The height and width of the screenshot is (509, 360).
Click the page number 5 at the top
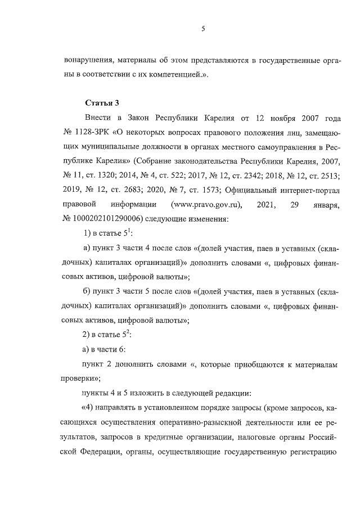202,30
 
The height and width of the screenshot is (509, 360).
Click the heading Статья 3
102,102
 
